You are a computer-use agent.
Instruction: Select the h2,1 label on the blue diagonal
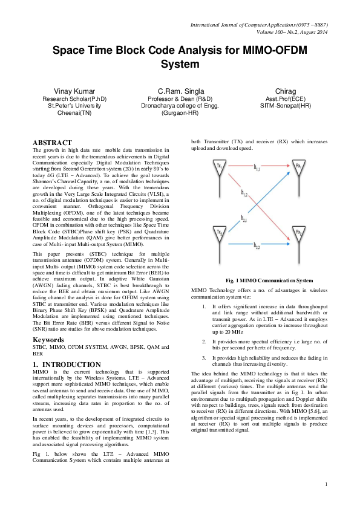243,219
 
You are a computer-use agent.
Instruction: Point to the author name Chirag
286,90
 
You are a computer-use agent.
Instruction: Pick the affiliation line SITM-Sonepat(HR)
286,105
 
